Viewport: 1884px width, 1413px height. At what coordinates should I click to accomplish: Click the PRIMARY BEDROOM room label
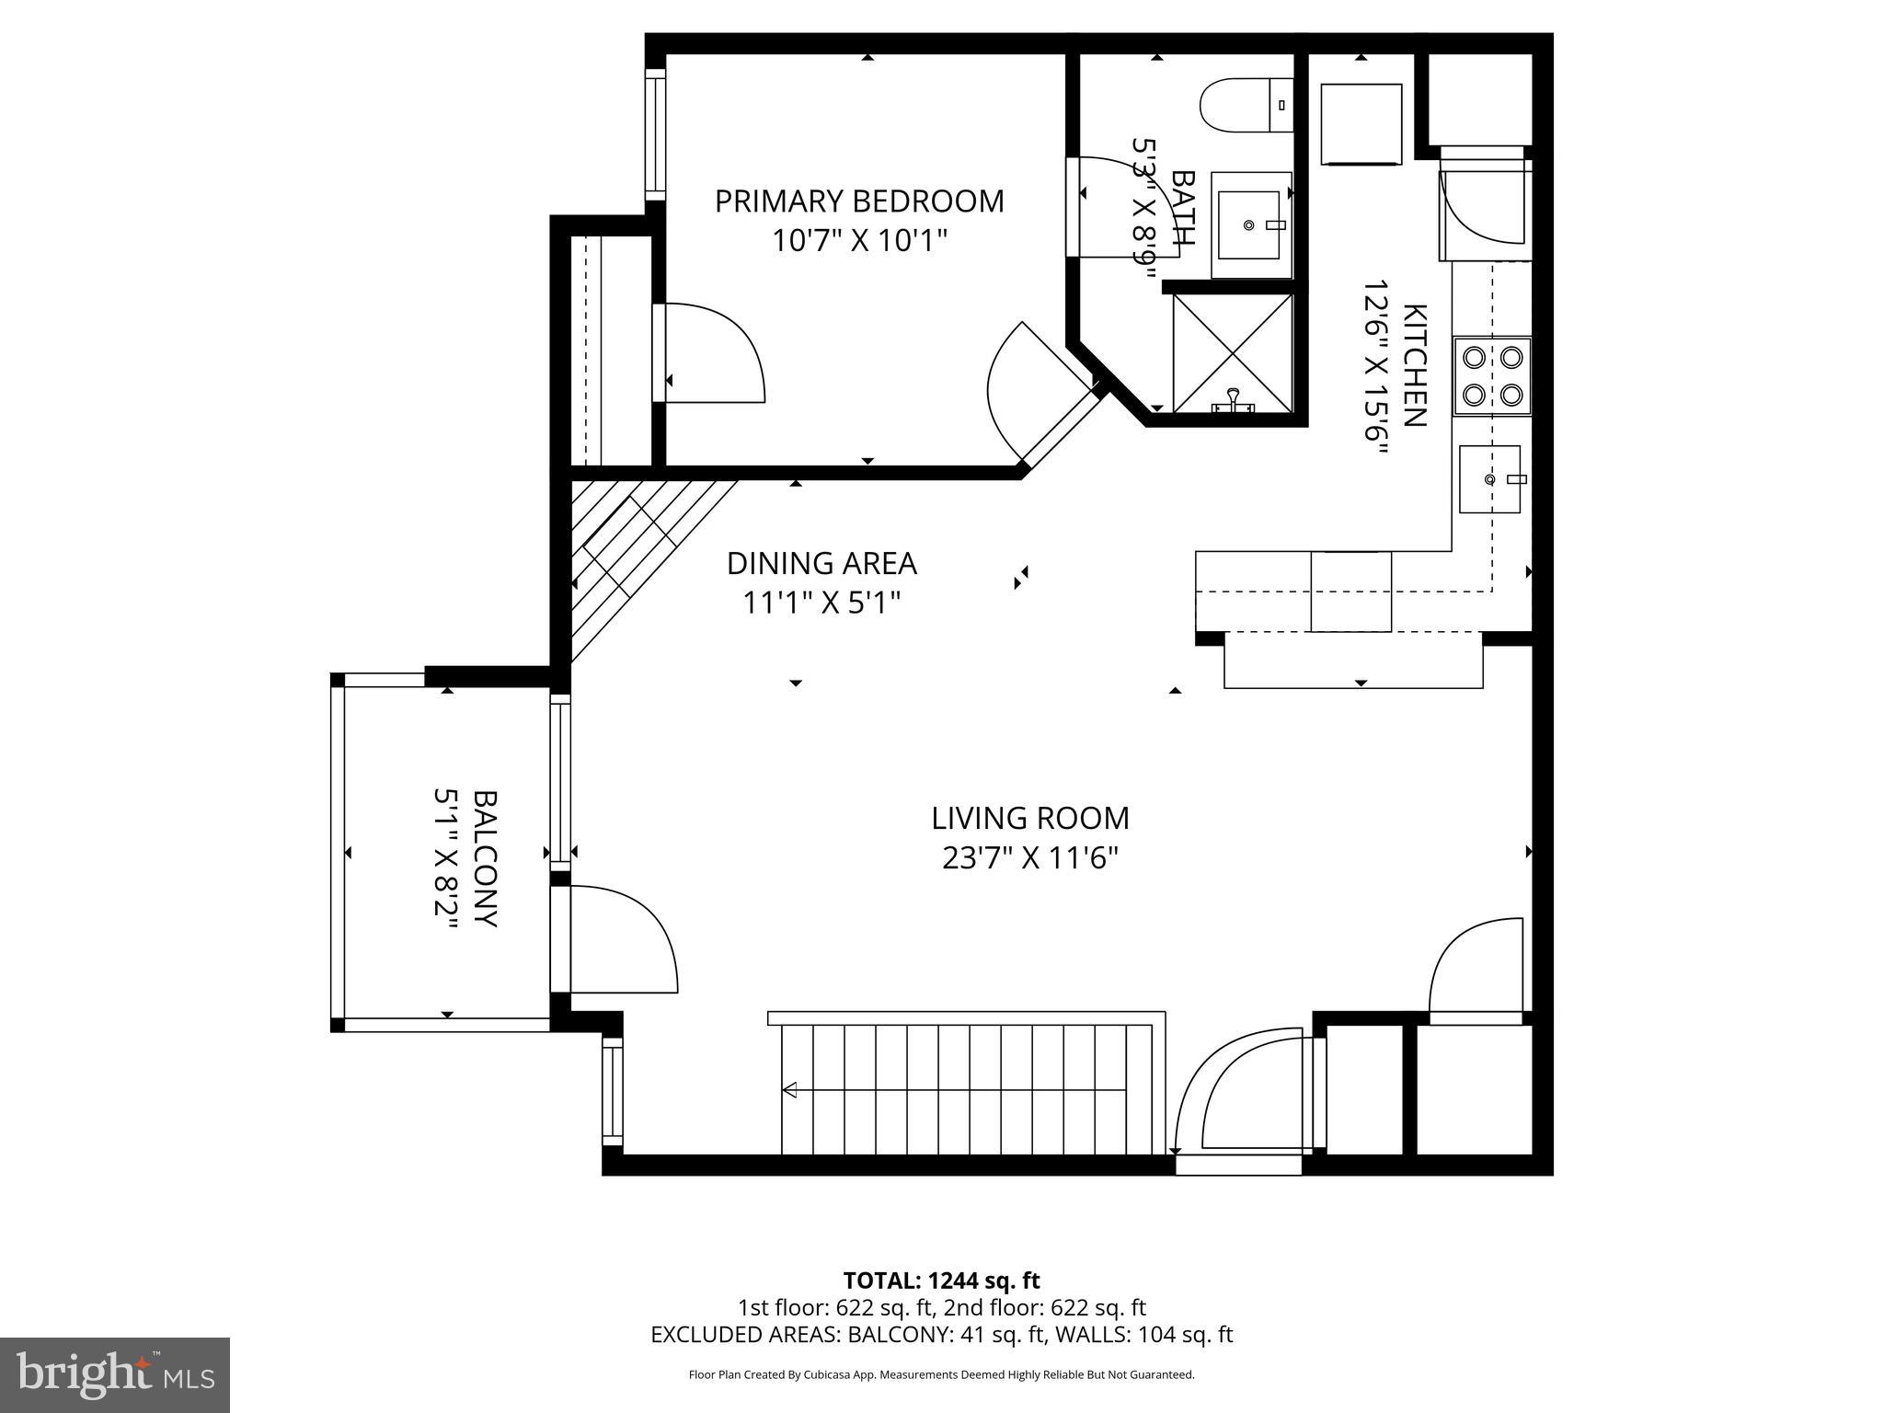pyautogui.click(x=859, y=201)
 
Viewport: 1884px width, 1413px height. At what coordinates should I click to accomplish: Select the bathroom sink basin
pyautogui.click(x=1248, y=224)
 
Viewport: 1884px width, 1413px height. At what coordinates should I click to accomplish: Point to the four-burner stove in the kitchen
pyautogui.click(x=1491, y=375)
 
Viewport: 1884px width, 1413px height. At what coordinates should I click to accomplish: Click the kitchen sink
pyautogui.click(x=1489, y=479)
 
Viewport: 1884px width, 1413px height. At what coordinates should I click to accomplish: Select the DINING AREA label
pyautogui.click(x=821, y=563)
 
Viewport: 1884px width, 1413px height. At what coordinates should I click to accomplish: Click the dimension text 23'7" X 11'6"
pyautogui.click(x=1029, y=858)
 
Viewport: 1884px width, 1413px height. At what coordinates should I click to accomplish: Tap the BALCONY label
pyautogui.click(x=485, y=857)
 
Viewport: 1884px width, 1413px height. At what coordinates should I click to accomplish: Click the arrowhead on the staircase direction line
pyautogui.click(x=789, y=1090)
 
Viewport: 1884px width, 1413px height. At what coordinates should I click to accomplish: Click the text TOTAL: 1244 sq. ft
pyautogui.click(x=941, y=1281)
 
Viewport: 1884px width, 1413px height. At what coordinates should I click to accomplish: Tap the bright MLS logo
pyautogui.click(x=115, y=1375)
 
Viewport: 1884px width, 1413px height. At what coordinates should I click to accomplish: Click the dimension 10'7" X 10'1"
pyautogui.click(x=859, y=241)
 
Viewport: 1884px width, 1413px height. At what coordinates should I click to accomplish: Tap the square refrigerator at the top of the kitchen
pyautogui.click(x=1361, y=124)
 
